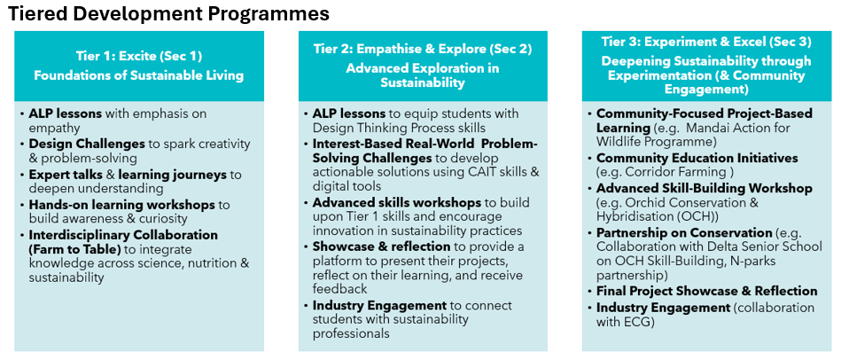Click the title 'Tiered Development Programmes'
167,14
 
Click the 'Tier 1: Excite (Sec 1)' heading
139,56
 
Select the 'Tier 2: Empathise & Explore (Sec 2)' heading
423,50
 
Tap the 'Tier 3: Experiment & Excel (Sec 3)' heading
705,42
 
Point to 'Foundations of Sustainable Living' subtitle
139,75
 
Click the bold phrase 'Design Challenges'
87,145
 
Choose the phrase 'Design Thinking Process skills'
399,128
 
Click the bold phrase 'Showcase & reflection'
381,247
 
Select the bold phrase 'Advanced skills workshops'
397,203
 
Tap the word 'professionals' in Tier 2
351,333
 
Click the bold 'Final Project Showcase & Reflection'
707,292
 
